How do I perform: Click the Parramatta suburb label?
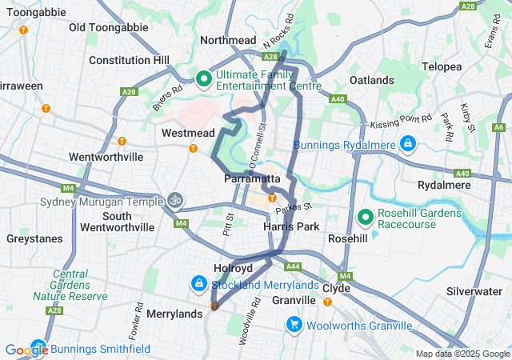coord(252,178)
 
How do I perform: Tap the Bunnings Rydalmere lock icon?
coord(408,144)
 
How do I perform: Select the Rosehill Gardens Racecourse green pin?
coord(366,217)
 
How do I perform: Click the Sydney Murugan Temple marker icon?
coord(175,199)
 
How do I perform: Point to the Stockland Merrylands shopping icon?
coord(198,283)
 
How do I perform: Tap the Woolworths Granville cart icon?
coord(294,325)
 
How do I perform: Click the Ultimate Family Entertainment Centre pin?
coord(203,78)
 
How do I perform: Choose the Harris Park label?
coord(291,227)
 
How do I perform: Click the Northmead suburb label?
coord(227,40)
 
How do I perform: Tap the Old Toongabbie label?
coord(109,27)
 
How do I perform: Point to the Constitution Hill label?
coord(129,60)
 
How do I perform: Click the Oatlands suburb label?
coord(372,81)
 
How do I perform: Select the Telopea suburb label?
coord(442,67)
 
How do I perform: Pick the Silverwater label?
coord(473,291)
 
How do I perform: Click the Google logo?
coord(26,350)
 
